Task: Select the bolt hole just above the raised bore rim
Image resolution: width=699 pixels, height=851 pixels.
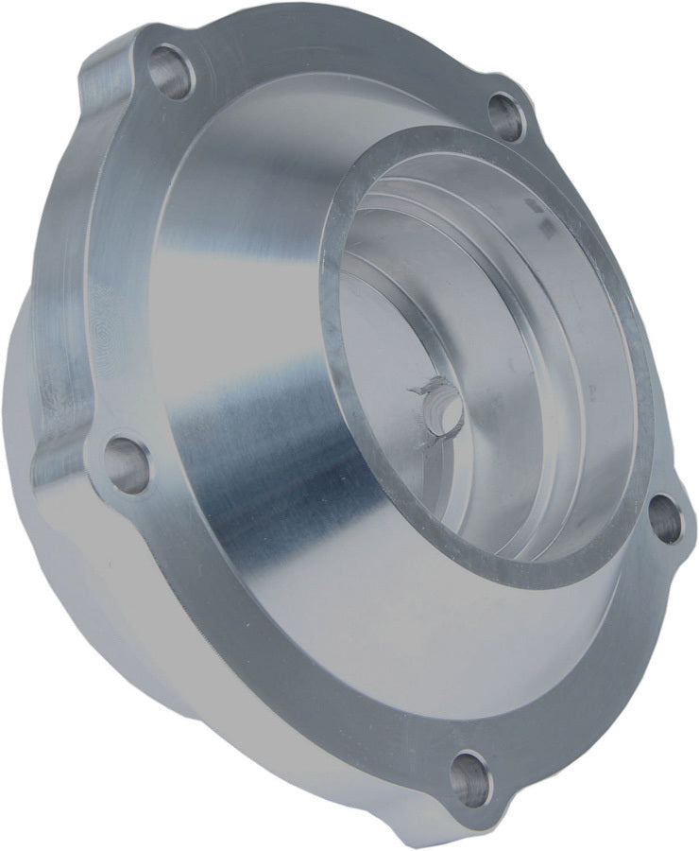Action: (506, 118)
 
